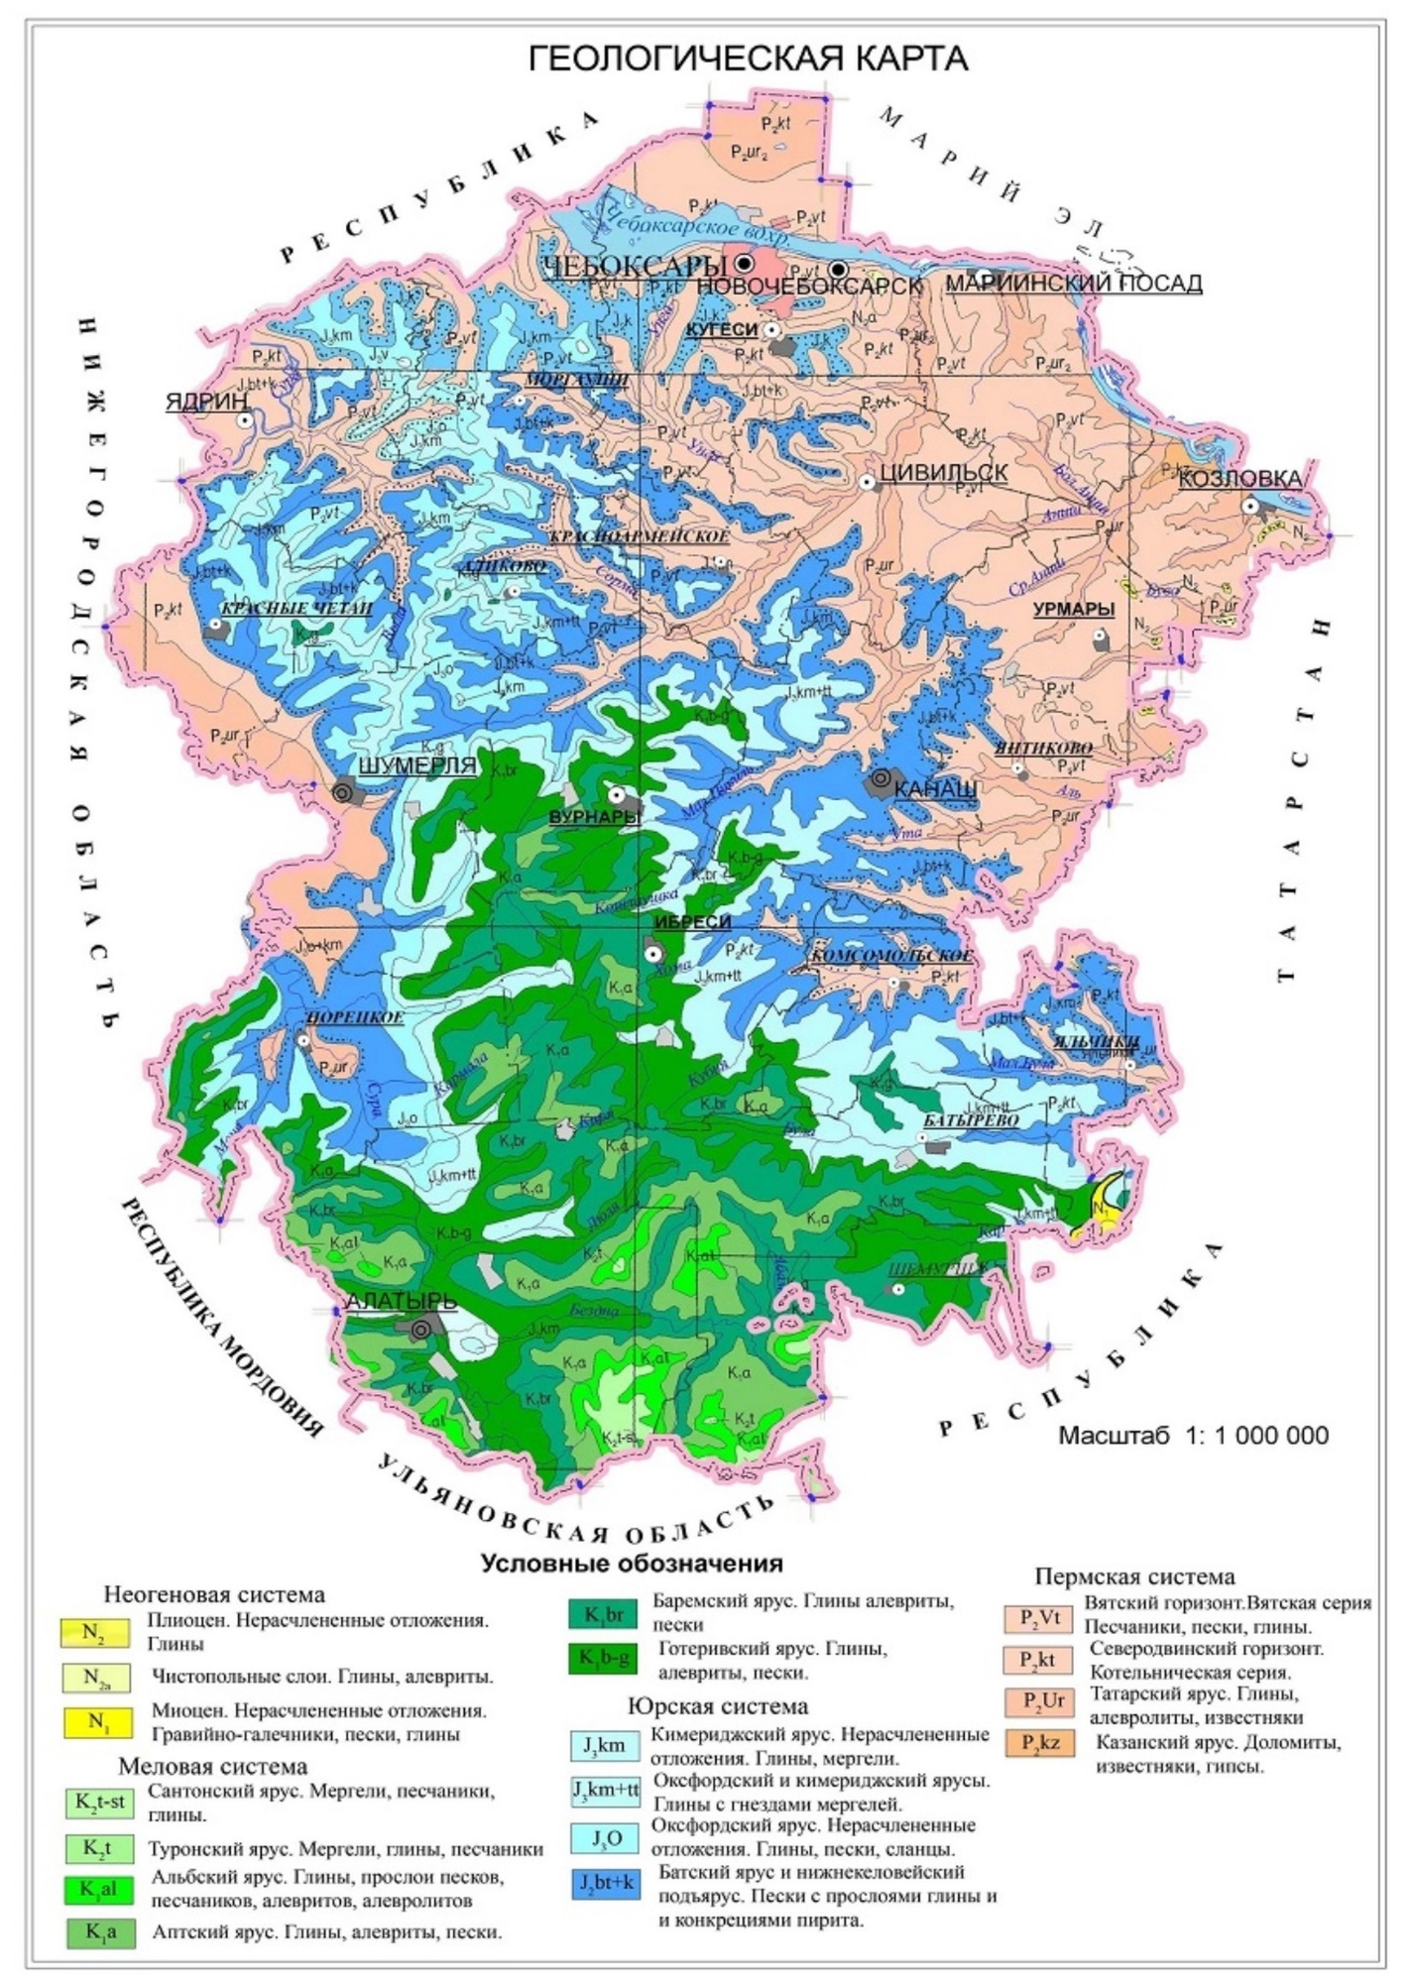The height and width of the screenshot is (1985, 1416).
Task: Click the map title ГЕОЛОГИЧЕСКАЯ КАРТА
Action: [748, 58]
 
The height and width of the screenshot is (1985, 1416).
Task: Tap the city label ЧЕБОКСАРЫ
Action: [635, 266]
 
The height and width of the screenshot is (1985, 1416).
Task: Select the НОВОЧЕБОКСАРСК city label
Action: [809, 286]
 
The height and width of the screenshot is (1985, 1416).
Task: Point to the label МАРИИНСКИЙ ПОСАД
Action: [1073, 284]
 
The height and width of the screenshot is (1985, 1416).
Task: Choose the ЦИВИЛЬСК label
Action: [943, 473]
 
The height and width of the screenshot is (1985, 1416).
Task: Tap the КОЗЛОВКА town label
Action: [1239, 479]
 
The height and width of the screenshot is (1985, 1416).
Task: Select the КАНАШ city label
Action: [935, 789]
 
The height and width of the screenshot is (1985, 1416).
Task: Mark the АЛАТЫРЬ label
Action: [401, 1301]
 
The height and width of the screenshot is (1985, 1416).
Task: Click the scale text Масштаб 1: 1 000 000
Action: [1193, 1435]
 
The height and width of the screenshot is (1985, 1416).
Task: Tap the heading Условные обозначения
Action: [632, 1564]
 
